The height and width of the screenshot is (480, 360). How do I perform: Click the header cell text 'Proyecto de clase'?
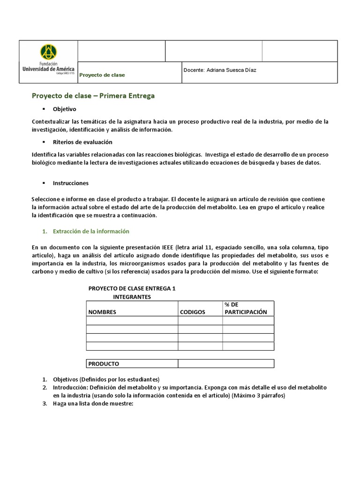[x=102, y=75]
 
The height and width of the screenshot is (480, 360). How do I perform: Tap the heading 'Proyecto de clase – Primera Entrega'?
[x=93, y=96]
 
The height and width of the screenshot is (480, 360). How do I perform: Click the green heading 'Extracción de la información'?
[x=91, y=232]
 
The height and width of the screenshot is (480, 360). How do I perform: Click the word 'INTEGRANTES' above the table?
[x=132, y=297]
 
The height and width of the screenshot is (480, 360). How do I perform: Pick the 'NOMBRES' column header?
[x=102, y=312]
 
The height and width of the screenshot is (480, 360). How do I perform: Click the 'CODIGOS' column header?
[x=193, y=312]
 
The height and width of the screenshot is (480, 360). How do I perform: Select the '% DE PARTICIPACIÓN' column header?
[x=246, y=308]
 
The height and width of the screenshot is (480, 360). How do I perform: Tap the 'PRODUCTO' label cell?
[x=104, y=364]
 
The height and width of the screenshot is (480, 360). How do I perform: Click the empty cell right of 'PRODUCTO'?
[x=225, y=364]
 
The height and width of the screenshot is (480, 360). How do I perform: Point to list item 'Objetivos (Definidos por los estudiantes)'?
[x=106, y=379]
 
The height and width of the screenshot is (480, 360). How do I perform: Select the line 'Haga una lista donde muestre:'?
[x=93, y=403]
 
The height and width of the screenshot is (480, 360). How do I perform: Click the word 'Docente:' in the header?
[x=194, y=70]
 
